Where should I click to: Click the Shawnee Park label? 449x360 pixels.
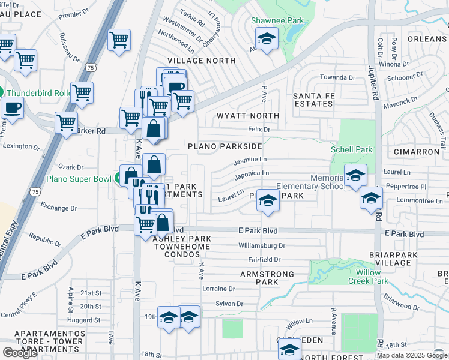tap(277, 20)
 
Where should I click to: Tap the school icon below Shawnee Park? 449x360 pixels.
tap(265, 40)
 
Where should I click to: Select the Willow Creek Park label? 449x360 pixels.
tap(368, 277)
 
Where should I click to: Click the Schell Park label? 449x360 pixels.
tap(351, 149)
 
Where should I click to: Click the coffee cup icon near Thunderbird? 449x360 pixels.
tap(13, 109)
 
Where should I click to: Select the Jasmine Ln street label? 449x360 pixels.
tap(250, 160)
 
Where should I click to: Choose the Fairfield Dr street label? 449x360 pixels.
tap(265, 260)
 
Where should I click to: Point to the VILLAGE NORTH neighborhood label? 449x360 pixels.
tap(201, 61)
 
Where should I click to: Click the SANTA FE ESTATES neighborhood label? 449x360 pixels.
tap(312, 100)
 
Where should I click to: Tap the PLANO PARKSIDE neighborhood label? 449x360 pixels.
tap(224, 146)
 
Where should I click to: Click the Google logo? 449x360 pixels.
tap(20, 353)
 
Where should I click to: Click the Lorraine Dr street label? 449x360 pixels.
tap(218, 289)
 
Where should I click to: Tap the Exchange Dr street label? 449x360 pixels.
tap(58, 208)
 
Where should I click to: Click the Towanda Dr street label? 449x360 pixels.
tap(337, 77)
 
